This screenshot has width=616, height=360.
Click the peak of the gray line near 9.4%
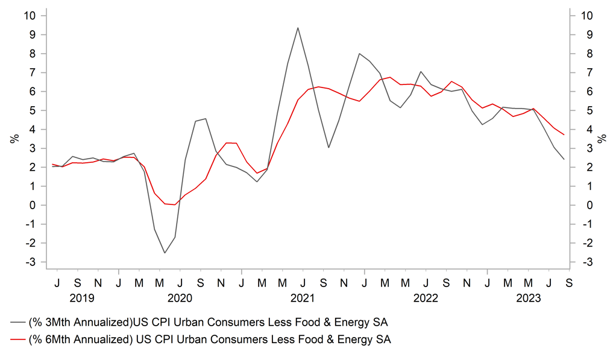coord(298,28)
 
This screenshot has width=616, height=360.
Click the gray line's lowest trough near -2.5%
coord(165,253)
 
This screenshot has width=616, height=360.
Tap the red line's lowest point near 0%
coord(175,204)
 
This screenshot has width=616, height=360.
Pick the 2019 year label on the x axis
coord(82,298)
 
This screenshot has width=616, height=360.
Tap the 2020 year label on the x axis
coord(180,298)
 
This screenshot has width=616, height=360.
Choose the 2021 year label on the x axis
coord(303,298)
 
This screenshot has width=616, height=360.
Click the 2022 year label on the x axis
coord(426,298)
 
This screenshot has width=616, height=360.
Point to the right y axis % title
coord(602,139)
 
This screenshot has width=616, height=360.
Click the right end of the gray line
coord(564,159)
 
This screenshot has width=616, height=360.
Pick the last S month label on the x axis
coord(568,282)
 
